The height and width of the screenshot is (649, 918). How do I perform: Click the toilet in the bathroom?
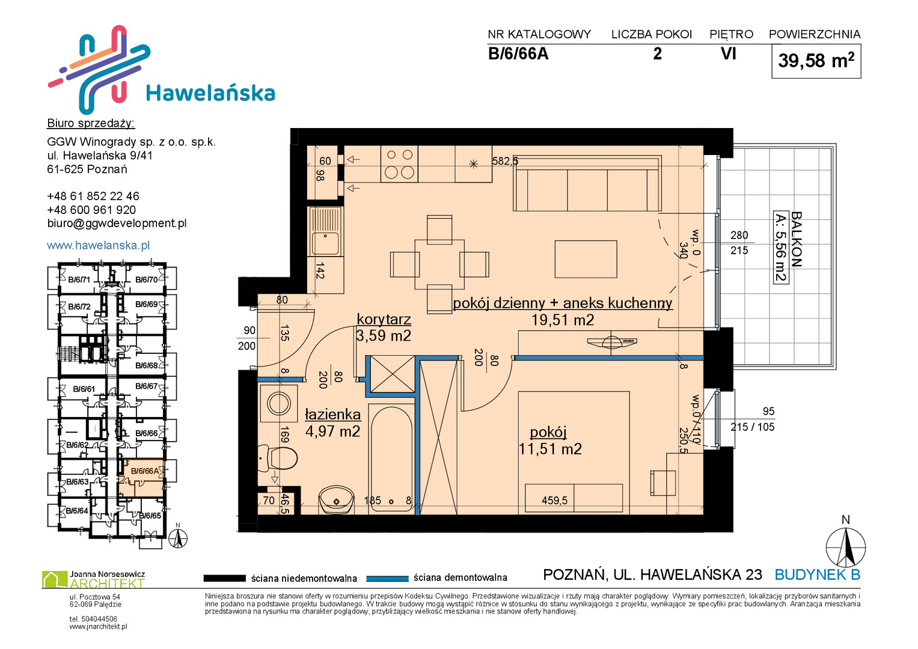coord(279,458)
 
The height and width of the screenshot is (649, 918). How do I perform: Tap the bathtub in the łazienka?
coord(391,458)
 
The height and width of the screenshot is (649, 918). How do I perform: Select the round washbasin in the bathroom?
coord(337,499)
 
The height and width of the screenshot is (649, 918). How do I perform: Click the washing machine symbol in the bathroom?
coord(279,404)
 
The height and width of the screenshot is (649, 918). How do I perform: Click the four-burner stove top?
coord(400,164)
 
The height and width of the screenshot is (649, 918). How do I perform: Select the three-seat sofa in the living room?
coord(587,183)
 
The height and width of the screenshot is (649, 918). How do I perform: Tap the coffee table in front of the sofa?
coord(586,259)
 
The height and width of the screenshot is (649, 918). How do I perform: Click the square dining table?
coord(439,264)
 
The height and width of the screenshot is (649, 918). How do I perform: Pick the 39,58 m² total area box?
coord(816,61)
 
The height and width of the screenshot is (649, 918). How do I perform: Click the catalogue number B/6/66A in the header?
coord(518,53)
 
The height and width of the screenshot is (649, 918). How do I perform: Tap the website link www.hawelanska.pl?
coord(99,245)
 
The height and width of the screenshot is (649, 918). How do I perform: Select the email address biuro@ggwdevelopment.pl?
coord(117,224)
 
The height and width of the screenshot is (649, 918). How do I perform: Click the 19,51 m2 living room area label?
coord(563,320)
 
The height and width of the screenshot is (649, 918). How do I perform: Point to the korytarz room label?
coord(384,318)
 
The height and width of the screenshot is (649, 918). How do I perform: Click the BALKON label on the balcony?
coord(796,239)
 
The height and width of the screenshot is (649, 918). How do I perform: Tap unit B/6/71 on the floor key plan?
coord(79,280)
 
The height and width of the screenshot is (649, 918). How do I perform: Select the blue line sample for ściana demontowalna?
coord(387,579)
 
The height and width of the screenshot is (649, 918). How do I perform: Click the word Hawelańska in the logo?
coord(210,93)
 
